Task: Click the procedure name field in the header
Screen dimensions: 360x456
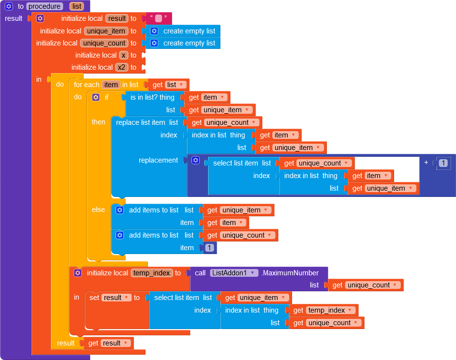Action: (45, 6)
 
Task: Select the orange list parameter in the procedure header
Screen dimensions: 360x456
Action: (76, 6)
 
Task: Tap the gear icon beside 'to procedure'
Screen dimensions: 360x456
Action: (9, 6)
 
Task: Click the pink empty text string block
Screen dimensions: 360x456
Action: (158, 18)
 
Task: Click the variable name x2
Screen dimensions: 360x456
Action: (121, 67)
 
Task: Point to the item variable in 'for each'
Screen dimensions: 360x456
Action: (111, 85)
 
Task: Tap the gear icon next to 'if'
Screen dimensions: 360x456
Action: (96, 97)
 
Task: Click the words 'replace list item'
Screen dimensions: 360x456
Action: (140, 122)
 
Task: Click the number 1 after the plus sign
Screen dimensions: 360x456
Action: (443, 164)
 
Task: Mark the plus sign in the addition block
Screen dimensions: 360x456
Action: (426, 163)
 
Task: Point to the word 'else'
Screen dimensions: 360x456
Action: (98, 210)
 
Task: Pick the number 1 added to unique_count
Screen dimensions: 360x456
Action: (209, 248)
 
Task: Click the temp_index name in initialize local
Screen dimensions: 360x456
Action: (151, 273)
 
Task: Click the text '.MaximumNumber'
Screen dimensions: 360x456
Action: (290, 273)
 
